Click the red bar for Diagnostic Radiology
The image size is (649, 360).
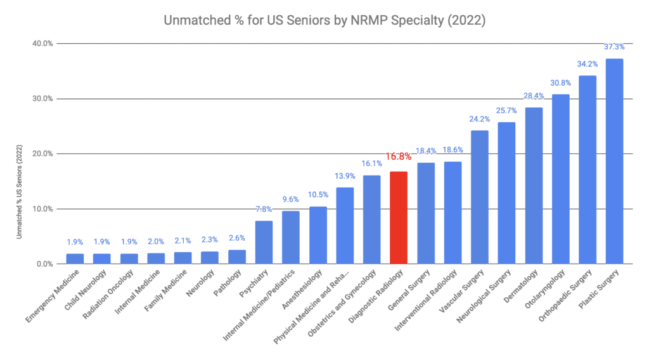tap(398, 217)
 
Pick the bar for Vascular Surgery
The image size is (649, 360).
tap(479, 197)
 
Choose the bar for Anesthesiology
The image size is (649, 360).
tap(318, 235)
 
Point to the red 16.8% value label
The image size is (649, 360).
tap(398, 157)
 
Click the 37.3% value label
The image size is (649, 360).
tap(614, 47)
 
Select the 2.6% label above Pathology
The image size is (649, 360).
tap(236, 238)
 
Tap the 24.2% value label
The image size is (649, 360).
tap(479, 119)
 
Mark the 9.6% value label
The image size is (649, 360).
tap(290, 199)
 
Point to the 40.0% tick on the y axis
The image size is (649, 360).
tap(43, 44)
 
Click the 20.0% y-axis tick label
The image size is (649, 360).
tap(43, 154)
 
